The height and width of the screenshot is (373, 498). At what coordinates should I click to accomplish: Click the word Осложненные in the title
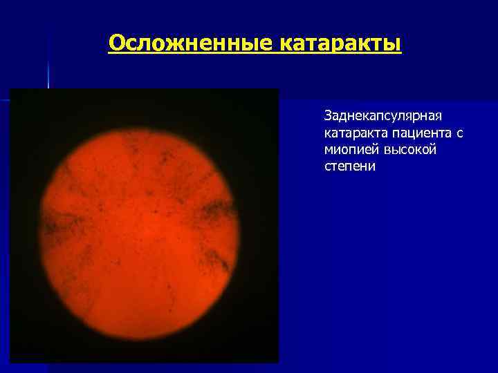[191, 44]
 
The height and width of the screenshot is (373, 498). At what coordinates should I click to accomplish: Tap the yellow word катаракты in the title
[340, 44]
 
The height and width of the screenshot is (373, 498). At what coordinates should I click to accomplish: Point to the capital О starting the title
[117, 44]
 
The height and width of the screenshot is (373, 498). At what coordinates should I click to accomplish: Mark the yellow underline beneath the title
[255, 56]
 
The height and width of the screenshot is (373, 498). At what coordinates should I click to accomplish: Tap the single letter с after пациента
[459, 131]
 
